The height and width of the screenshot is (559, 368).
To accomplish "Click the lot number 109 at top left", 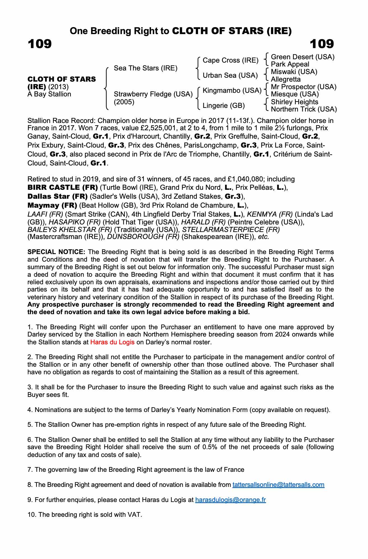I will [x=40, y=44].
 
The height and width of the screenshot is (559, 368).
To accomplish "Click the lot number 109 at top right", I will [x=322, y=44].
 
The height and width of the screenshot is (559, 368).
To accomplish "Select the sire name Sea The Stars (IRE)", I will [x=145, y=68].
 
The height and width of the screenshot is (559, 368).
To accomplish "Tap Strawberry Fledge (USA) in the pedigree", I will [x=153, y=94].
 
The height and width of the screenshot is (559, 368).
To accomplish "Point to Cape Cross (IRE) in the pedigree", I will [x=230, y=60].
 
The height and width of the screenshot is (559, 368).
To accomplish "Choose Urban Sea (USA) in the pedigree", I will [x=230, y=75].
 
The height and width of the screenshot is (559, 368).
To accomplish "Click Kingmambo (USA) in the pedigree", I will [x=232, y=91].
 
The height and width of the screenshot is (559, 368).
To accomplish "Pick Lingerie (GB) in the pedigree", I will [x=223, y=106].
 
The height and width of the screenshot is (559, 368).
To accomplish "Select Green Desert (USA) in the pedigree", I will [x=302, y=57].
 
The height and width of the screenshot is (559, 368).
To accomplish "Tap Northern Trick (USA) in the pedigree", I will [x=304, y=109].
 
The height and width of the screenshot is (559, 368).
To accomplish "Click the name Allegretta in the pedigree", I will [x=285, y=79].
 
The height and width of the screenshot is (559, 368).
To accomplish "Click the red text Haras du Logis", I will [x=112, y=342].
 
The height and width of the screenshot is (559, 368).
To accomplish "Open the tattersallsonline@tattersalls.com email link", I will [x=278, y=485].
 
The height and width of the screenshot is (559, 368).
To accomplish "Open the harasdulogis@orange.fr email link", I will [x=230, y=500].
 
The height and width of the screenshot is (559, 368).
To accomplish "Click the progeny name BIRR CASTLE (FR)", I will [x=62, y=187].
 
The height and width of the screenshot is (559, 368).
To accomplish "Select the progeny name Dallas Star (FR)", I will [x=57, y=196].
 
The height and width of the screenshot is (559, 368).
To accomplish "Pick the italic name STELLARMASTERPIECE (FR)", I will [x=231, y=229].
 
